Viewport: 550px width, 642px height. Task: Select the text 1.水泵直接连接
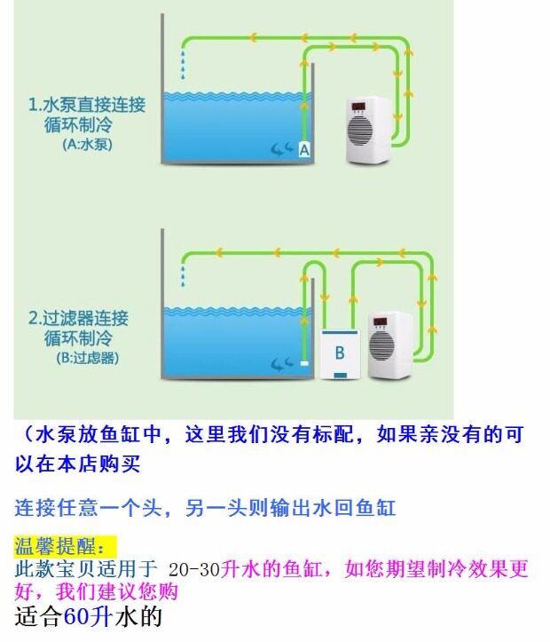tap(87, 104)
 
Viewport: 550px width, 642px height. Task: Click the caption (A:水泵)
tap(88, 143)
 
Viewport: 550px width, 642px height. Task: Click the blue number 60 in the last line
tap(75, 618)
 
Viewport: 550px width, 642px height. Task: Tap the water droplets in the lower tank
tap(184, 273)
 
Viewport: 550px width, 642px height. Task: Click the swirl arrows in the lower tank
tap(281, 363)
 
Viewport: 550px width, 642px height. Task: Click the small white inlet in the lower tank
tap(303, 363)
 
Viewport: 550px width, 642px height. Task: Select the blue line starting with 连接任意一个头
tap(205, 508)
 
